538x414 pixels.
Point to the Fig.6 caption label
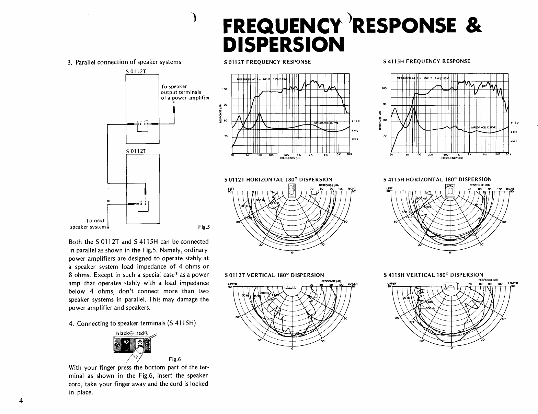coord(174,359)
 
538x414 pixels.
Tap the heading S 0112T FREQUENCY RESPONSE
coord(267,62)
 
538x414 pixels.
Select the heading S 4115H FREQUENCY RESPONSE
coord(427,61)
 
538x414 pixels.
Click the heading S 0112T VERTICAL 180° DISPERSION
coord(274,275)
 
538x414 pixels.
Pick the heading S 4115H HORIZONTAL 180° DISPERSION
coord(437,179)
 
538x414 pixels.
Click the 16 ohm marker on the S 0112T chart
coord(355,121)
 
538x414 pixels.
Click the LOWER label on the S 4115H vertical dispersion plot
coord(513,283)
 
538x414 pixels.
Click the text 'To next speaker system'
coord(88,224)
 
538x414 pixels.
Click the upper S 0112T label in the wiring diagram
coord(136,71)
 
